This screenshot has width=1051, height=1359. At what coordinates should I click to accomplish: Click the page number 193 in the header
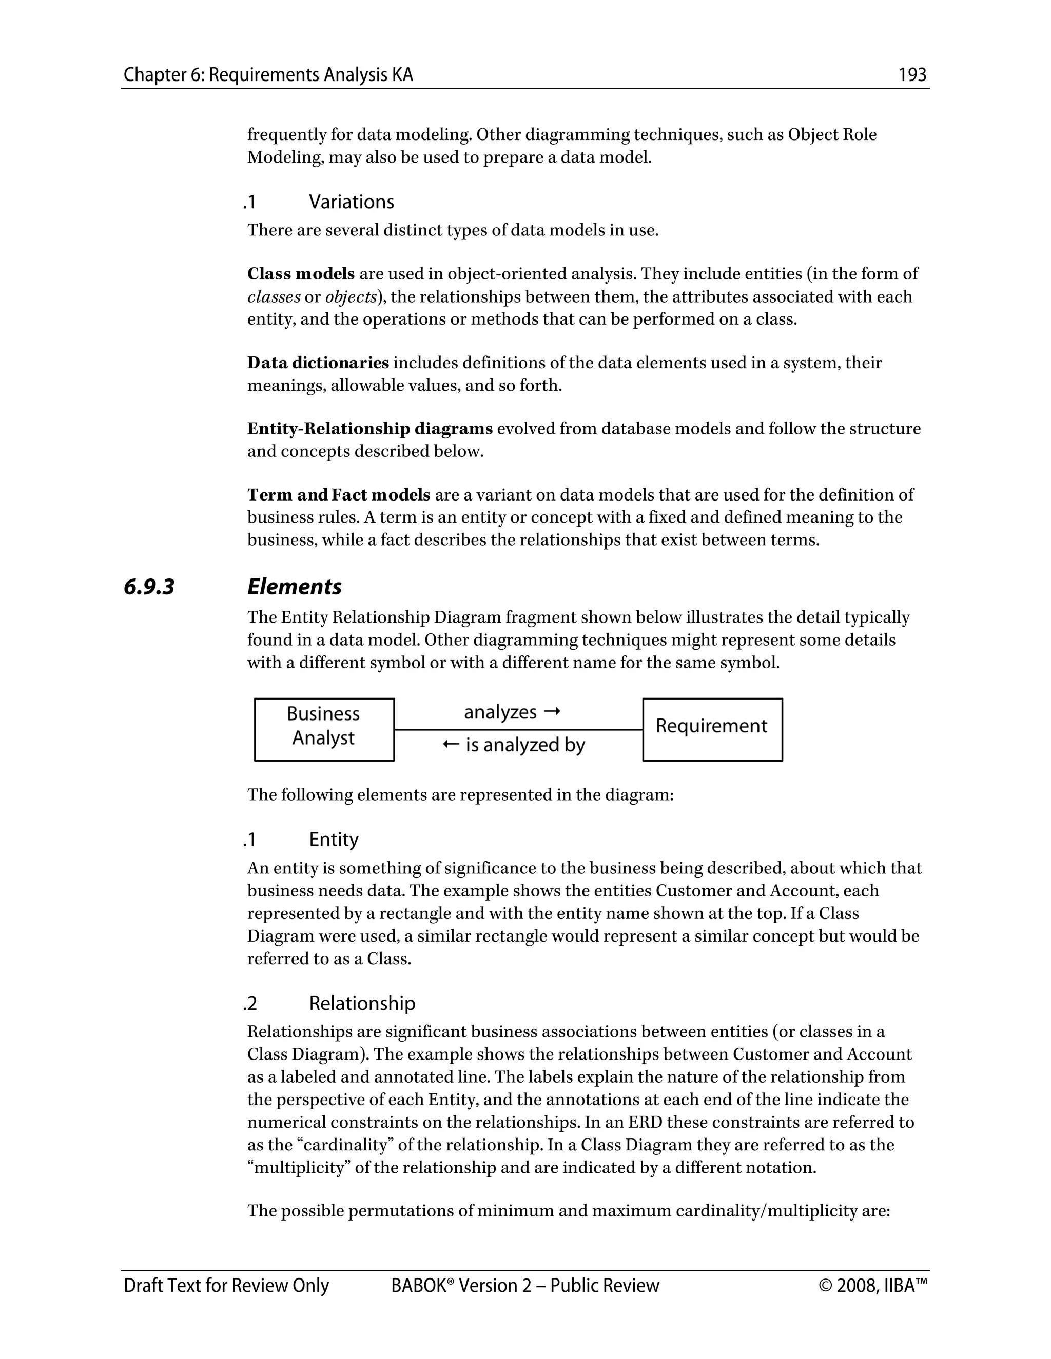pyautogui.click(x=912, y=75)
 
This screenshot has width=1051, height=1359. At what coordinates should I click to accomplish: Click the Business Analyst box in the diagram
pyautogui.click(x=324, y=729)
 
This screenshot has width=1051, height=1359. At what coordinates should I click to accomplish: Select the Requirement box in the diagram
pyautogui.click(x=712, y=729)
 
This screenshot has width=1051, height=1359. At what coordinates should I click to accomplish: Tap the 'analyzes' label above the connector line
pyautogui.click(x=500, y=712)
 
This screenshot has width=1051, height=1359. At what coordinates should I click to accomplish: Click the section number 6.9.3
pyautogui.click(x=149, y=587)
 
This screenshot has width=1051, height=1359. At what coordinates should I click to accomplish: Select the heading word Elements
pyautogui.click(x=295, y=587)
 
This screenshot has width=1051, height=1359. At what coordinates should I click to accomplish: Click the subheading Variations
pyautogui.click(x=351, y=202)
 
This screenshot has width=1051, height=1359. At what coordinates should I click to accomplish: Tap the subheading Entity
pyautogui.click(x=333, y=840)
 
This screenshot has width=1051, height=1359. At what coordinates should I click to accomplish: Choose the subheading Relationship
pyautogui.click(x=362, y=1003)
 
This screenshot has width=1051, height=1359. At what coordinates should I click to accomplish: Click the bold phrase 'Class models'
pyautogui.click(x=301, y=274)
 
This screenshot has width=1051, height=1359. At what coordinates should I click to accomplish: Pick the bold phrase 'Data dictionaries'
pyautogui.click(x=318, y=363)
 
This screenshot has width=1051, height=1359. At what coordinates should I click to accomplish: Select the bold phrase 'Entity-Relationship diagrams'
pyautogui.click(x=370, y=429)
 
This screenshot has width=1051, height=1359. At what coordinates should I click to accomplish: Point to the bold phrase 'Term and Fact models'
pyautogui.click(x=339, y=495)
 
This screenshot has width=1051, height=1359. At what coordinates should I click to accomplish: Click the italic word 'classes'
pyautogui.click(x=274, y=297)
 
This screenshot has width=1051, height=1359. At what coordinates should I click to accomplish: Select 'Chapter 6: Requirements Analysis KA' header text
pyautogui.click(x=268, y=75)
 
